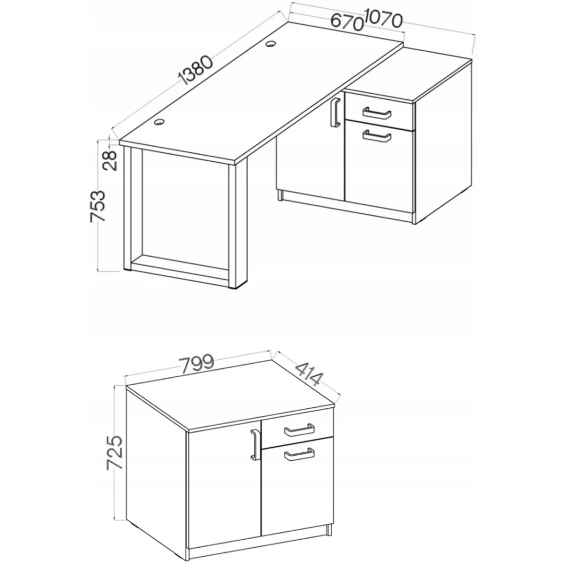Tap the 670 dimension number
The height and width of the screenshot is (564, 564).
click(346, 22)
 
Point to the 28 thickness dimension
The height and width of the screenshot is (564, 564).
click(110, 160)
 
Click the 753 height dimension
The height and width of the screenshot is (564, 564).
click(98, 206)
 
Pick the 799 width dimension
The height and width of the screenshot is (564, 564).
click(196, 364)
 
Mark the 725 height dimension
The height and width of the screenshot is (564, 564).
click(115, 452)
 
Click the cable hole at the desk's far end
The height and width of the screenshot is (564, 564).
click(271, 44)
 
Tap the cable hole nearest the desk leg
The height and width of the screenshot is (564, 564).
click(158, 122)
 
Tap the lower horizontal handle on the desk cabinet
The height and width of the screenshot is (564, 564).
click(377, 136)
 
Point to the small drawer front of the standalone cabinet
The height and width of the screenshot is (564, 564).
click(297, 430)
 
